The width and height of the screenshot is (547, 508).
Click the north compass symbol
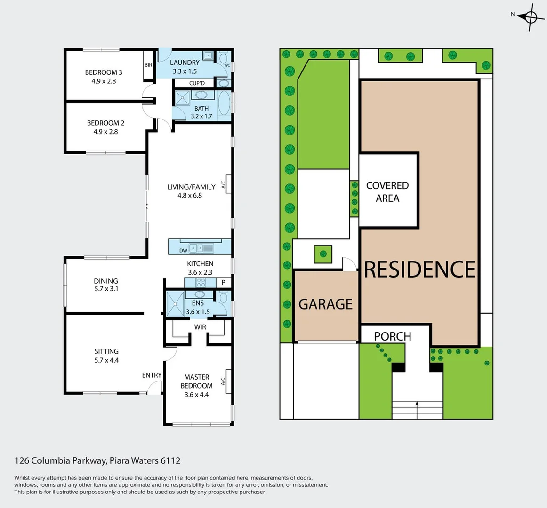531,17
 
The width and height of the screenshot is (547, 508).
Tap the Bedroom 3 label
104,72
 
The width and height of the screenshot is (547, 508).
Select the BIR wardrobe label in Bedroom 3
148,65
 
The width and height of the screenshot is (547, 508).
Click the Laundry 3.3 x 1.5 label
185,67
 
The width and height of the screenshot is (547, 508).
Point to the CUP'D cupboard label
197,84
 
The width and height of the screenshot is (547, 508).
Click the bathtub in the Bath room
224,103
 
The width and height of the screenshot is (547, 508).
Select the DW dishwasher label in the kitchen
183,251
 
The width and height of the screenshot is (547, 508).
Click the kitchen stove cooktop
201,283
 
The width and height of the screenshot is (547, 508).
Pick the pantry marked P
224,283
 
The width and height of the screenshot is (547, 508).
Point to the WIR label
200,327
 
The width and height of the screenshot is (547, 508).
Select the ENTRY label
152,375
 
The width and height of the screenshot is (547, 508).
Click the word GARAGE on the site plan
325,304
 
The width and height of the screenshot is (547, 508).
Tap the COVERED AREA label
387,192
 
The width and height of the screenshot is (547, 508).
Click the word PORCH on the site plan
393,336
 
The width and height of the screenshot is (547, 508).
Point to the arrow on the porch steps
417,403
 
